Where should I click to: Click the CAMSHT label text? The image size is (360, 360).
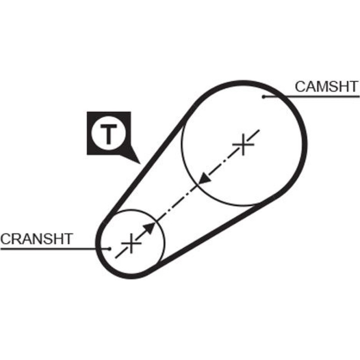pos(326,86)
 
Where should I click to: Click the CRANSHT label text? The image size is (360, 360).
pos(37,239)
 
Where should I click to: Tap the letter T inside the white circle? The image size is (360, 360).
pos(108,134)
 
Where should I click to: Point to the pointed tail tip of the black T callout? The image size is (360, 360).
pos(140,164)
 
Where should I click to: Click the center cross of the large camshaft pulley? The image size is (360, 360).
pos(244,144)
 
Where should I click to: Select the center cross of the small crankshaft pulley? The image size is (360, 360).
pos(131,244)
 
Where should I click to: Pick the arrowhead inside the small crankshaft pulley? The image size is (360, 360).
pos(150,228)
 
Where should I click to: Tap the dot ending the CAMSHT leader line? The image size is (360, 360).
pos(264,97)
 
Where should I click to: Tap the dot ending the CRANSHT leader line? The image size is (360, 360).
pos(110,249)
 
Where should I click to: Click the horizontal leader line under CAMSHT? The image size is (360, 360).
pos(311,97)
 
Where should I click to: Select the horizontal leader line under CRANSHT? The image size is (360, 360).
pos(55,249)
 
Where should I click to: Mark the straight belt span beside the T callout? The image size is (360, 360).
pos(147,162)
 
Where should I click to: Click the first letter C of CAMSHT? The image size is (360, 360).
pos(300,86)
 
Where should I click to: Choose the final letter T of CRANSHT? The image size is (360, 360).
pos(68,239)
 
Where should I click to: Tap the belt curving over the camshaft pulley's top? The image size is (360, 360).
pos(243,83)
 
